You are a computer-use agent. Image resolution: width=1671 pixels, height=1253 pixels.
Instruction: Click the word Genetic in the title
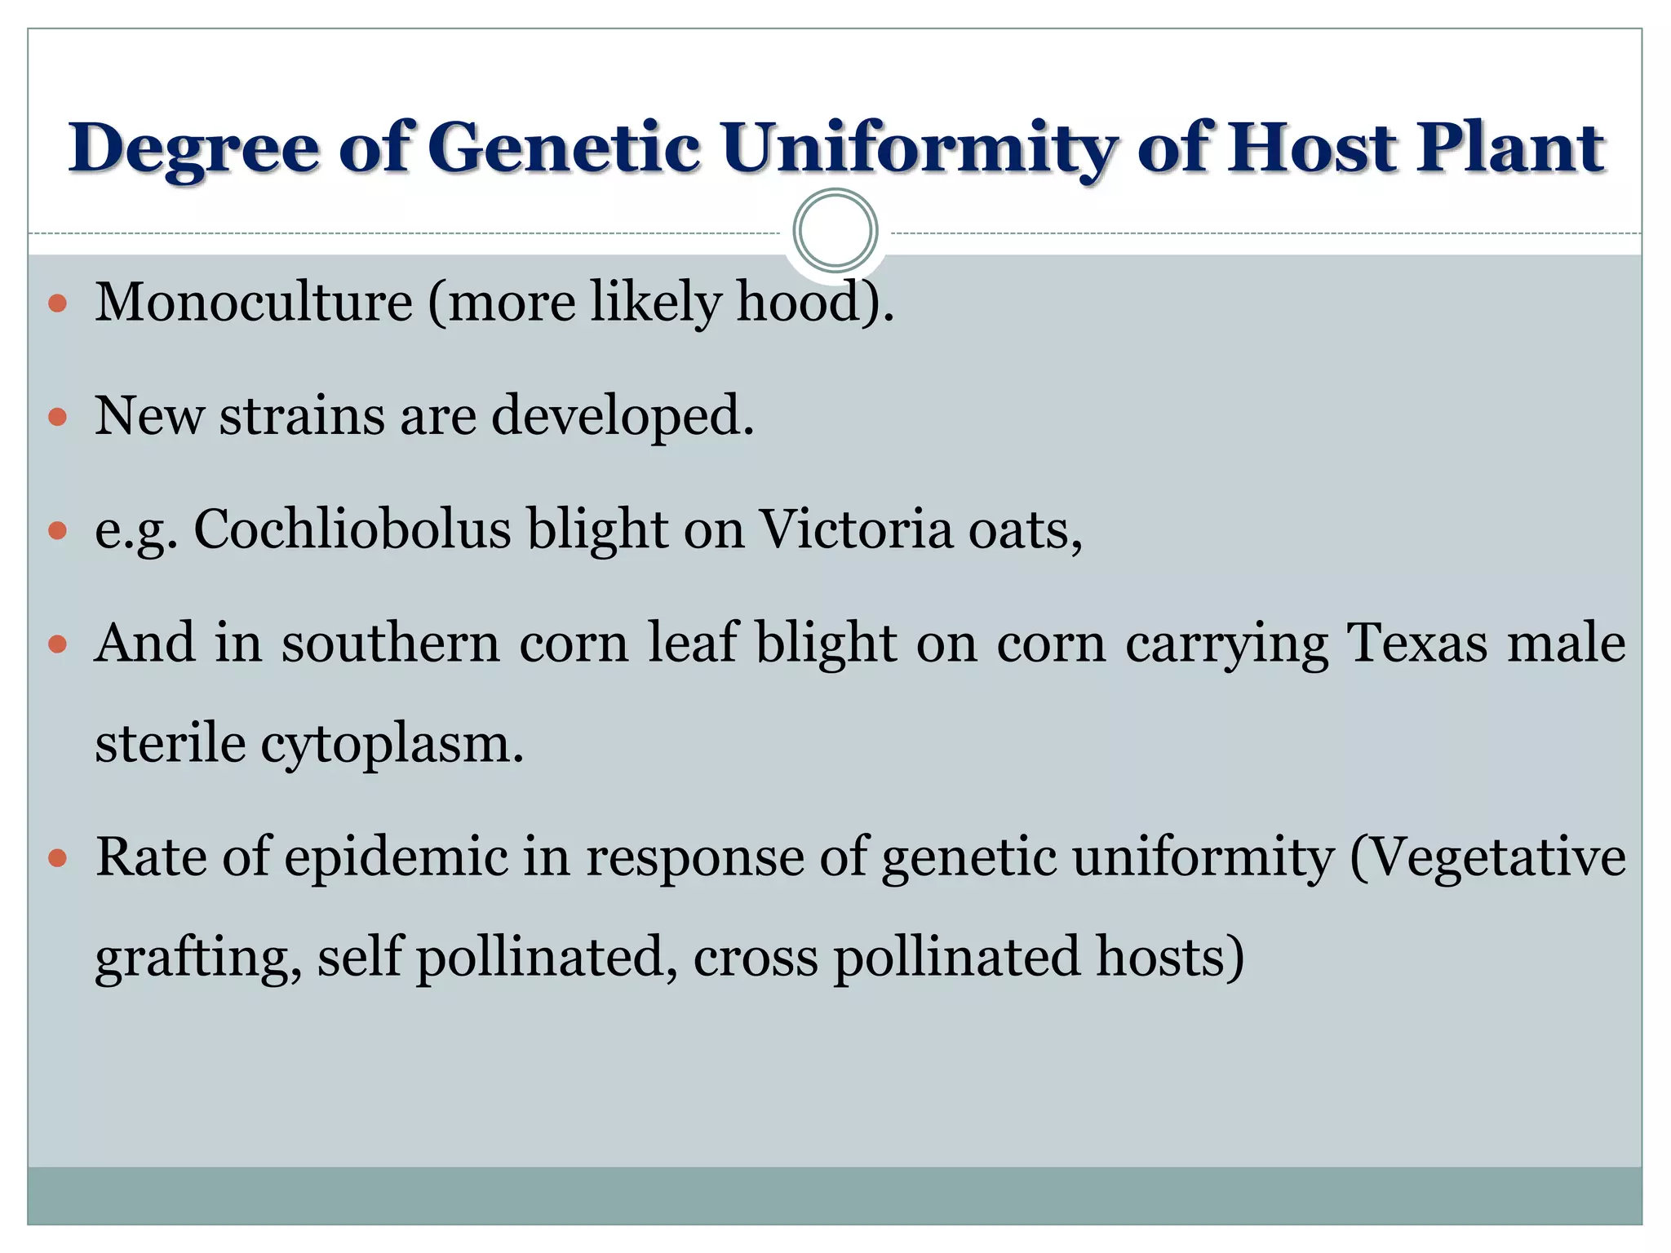point(563,148)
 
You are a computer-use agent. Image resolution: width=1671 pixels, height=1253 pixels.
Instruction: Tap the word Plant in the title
point(1510,148)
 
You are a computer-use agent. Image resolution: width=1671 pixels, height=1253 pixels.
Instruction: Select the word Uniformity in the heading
point(919,148)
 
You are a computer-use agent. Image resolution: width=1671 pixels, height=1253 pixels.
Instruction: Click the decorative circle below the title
point(835,231)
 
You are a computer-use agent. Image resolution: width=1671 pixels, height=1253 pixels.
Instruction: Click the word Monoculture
point(254,302)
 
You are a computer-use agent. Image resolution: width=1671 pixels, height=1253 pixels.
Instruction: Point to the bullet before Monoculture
point(57,304)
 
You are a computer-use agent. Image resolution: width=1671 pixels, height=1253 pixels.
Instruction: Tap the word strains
point(301,415)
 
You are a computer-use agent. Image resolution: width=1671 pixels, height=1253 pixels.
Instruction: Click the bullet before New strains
point(57,418)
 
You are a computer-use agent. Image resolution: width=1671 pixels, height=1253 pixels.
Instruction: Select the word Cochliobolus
point(352,529)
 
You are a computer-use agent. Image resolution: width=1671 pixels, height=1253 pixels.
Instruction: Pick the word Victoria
point(856,529)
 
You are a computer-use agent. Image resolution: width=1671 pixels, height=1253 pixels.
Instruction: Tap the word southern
point(390,643)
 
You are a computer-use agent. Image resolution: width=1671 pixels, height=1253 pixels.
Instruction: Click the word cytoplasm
point(392,745)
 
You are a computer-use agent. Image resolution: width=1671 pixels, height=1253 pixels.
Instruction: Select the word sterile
point(170,743)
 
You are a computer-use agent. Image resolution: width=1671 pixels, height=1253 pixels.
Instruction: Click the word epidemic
point(396,858)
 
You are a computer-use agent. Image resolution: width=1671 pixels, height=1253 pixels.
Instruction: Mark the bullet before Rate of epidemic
point(57,859)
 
